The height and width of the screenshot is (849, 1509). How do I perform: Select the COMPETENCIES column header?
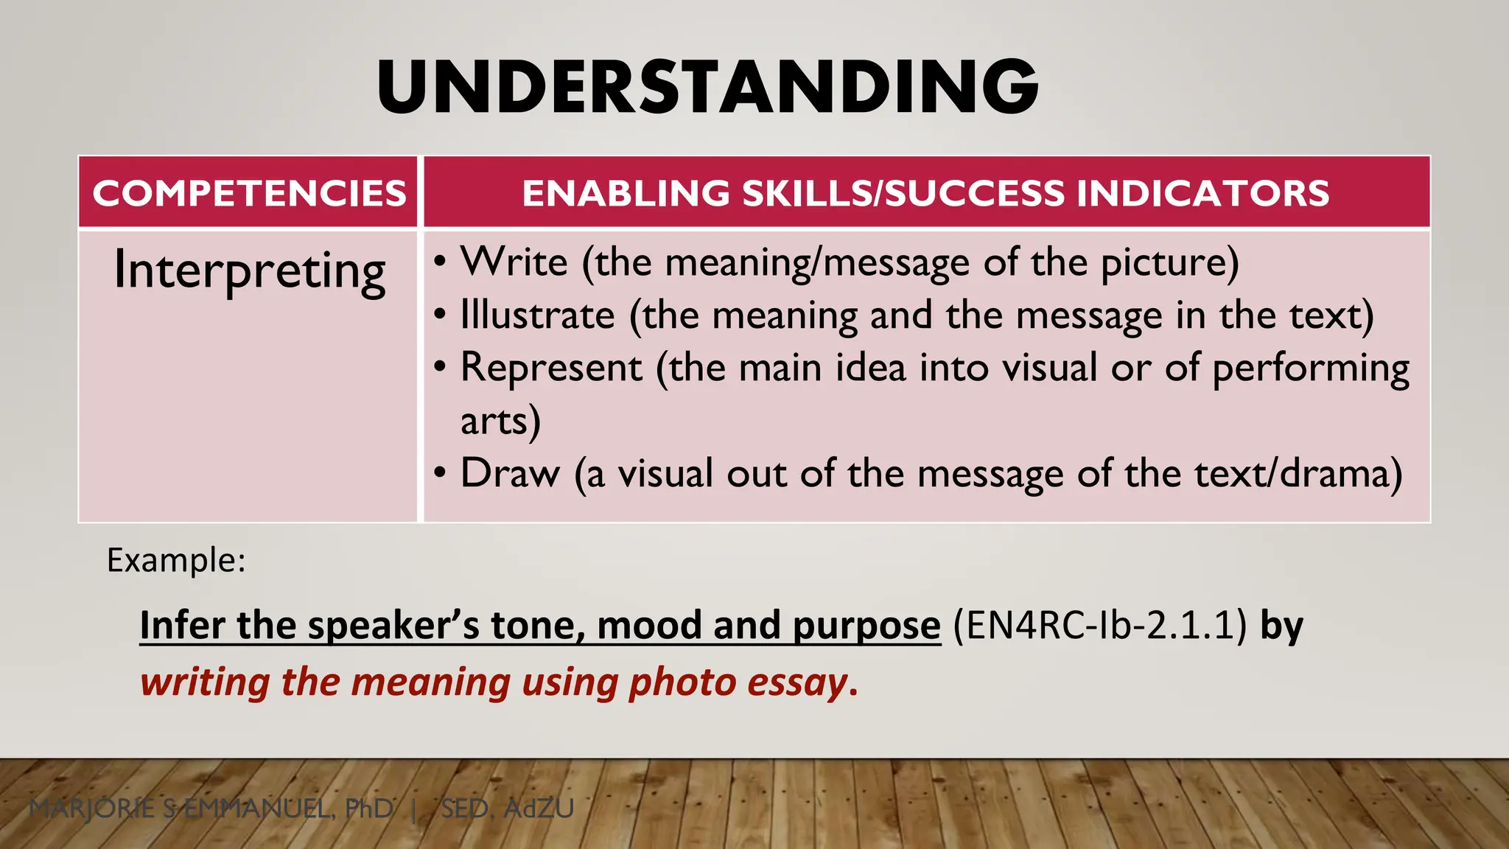[x=249, y=193]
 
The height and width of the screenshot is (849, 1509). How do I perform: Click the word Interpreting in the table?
[x=249, y=271]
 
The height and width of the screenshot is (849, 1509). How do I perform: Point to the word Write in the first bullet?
[x=514, y=262]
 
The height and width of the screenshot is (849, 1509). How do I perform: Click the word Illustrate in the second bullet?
[x=537, y=315]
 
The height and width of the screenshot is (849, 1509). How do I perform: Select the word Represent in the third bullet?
[x=551, y=368]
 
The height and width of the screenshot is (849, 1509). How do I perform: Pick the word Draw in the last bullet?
[x=510, y=473]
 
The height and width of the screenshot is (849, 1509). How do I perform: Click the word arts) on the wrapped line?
[x=500, y=422]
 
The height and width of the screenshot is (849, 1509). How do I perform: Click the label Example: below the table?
[x=176, y=560]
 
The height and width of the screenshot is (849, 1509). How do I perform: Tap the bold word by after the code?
[x=1281, y=626]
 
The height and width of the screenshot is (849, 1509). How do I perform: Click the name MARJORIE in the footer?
[x=92, y=808]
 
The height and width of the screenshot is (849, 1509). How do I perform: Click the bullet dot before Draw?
[x=440, y=473]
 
